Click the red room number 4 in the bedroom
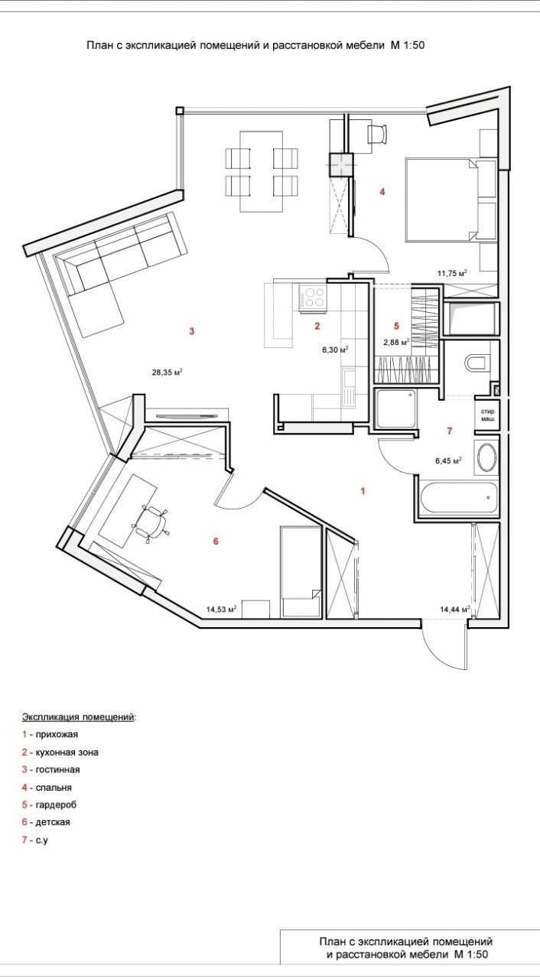point(382,191)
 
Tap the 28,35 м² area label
point(167,373)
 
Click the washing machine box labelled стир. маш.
point(486,411)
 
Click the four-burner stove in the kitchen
point(312,297)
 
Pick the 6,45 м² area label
point(448,460)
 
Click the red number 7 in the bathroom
point(450,431)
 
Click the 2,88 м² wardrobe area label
point(396,342)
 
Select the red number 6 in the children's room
point(216,542)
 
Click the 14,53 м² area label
point(220,610)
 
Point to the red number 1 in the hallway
point(363,491)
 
